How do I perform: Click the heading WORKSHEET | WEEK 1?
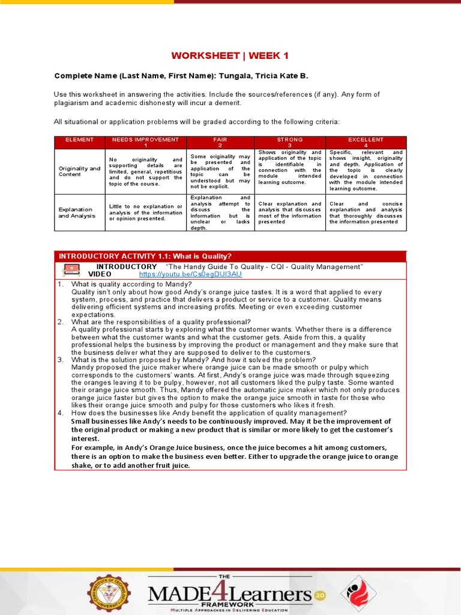point(230,56)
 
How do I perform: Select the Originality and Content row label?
point(79,172)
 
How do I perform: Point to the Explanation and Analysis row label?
point(76,213)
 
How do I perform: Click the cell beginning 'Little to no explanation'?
point(145,213)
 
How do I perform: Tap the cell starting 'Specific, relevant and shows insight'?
point(366,171)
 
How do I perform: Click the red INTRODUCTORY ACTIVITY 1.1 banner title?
point(145,256)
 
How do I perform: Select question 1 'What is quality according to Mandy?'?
point(131,284)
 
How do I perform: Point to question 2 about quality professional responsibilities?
point(160,321)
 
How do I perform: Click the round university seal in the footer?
point(108,594)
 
